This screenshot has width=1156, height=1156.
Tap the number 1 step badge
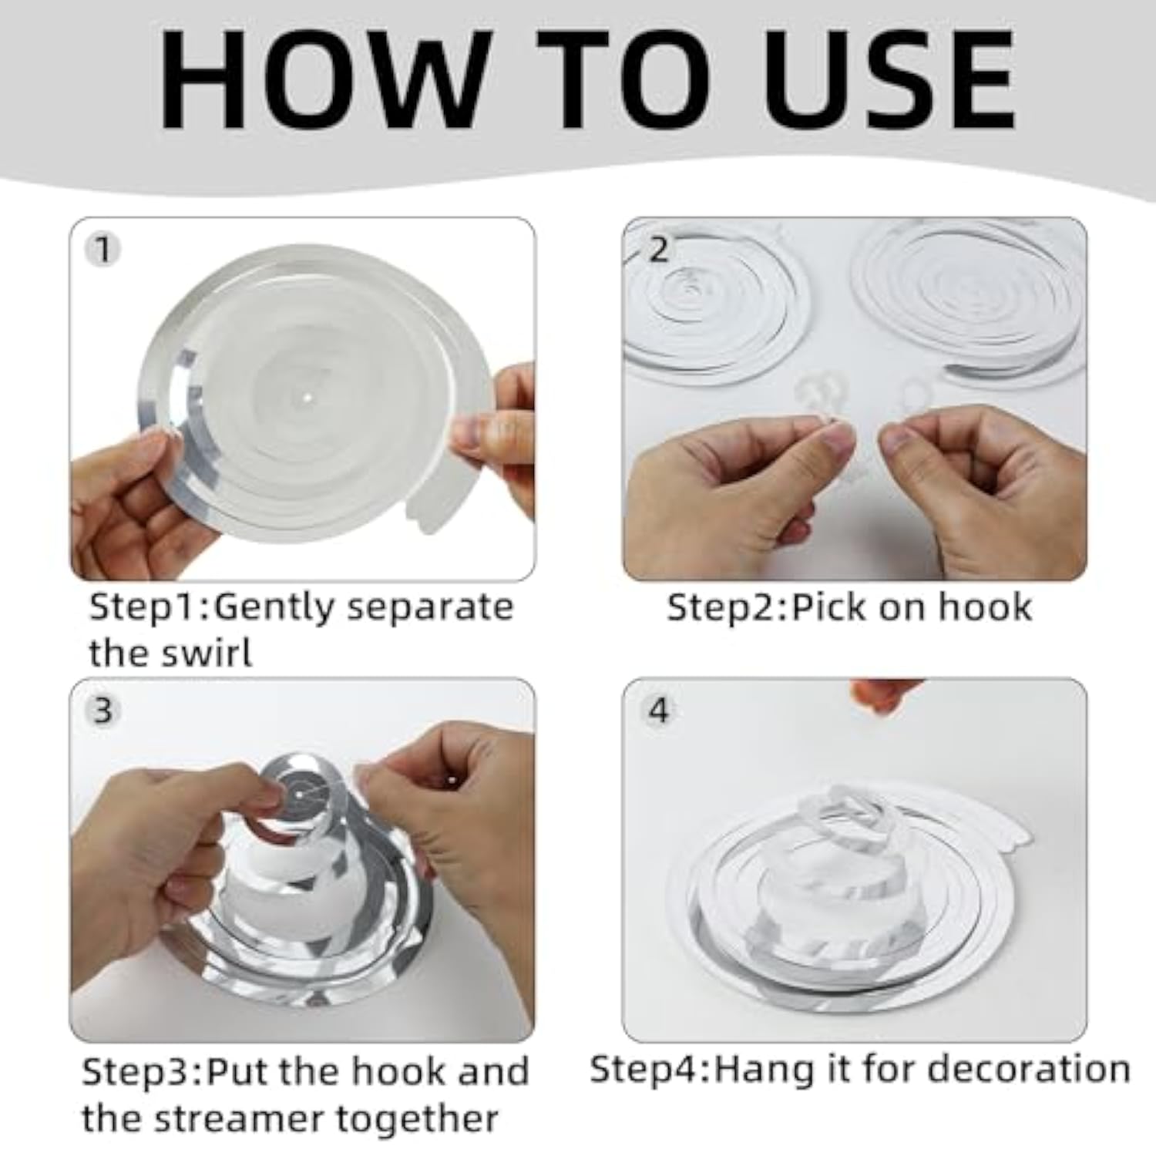point(103,249)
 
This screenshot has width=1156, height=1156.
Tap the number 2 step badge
point(657,249)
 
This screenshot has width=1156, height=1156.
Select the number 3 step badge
point(103,710)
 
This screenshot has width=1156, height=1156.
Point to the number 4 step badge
point(657,710)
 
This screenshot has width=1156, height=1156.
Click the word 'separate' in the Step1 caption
point(430,608)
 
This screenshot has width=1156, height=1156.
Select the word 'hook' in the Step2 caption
point(985,607)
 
